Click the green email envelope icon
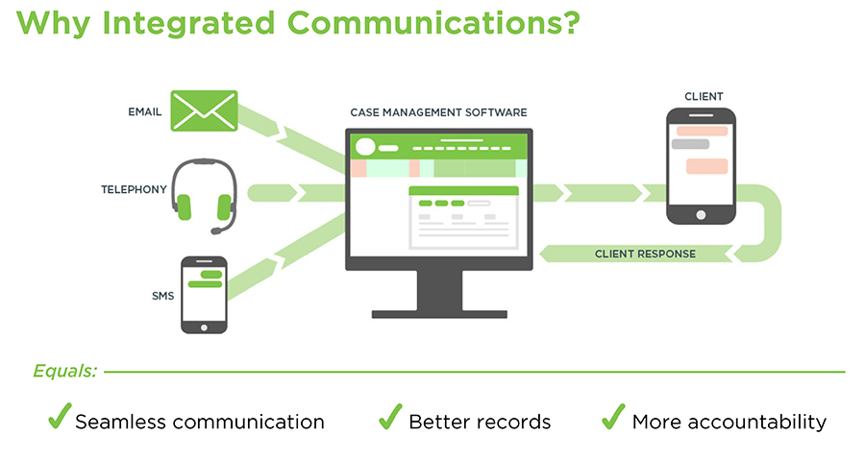coord(204,110)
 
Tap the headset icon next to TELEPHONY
coord(203,196)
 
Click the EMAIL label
coord(144,112)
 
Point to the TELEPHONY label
coord(134,190)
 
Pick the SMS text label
coord(162,295)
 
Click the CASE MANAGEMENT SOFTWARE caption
coord(437,112)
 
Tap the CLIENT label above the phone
coord(704,96)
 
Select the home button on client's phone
coord(701,214)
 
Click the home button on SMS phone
coord(204,325)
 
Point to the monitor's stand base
coord(438,312)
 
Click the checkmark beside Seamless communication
coord(60,418)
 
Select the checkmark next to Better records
coord(389,418)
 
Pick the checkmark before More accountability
coord(612,418)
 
